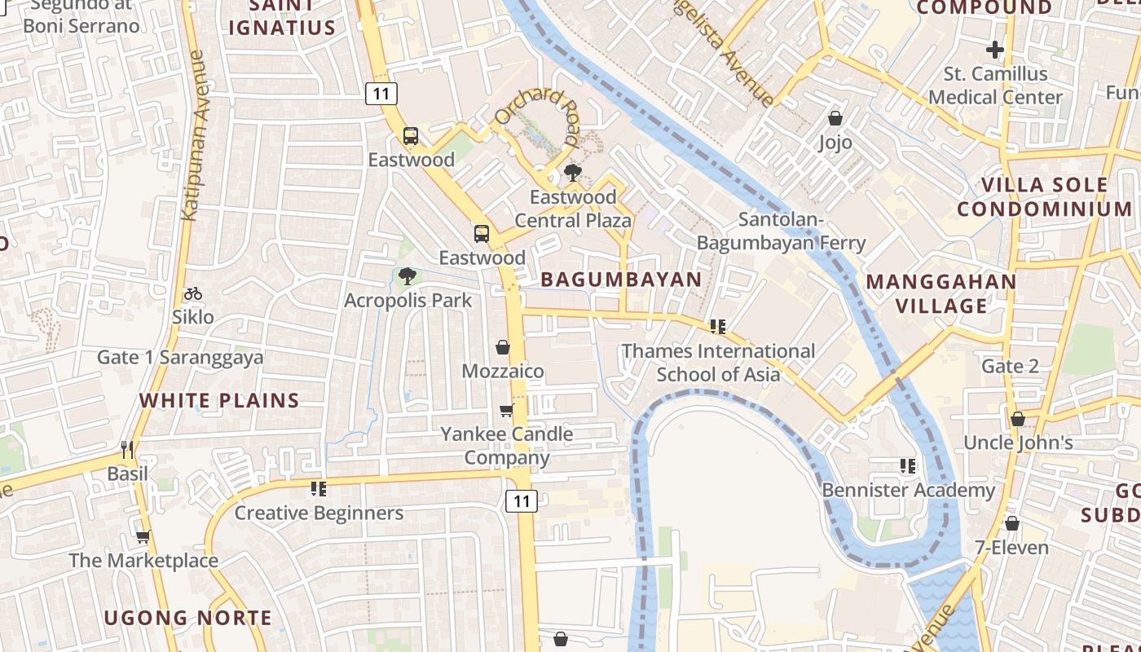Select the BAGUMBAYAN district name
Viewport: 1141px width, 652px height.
coord(621,280)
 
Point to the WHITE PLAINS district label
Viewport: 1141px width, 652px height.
coord(219,400)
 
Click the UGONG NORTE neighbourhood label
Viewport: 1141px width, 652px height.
coord(187,618)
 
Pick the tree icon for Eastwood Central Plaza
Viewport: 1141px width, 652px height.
coord(573,173)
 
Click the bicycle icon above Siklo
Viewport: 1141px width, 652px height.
coord(193,293)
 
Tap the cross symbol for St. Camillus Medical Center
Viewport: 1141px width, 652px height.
coord(994,50)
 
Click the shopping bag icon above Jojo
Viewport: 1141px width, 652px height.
coord(835,119)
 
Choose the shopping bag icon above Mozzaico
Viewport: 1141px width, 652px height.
coord(503,347)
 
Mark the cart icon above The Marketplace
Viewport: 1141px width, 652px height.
coord(143,536)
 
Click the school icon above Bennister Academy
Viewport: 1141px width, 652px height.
coord(908,466)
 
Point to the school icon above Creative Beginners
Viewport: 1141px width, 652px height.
coord(318,489)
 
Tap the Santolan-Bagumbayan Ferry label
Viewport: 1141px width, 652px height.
coord(781,231)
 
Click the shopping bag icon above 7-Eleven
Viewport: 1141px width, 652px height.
coord(1011,523)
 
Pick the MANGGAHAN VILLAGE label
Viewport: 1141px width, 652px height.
coord(941,294)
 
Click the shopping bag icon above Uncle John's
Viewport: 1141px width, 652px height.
coord(1017,419)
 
